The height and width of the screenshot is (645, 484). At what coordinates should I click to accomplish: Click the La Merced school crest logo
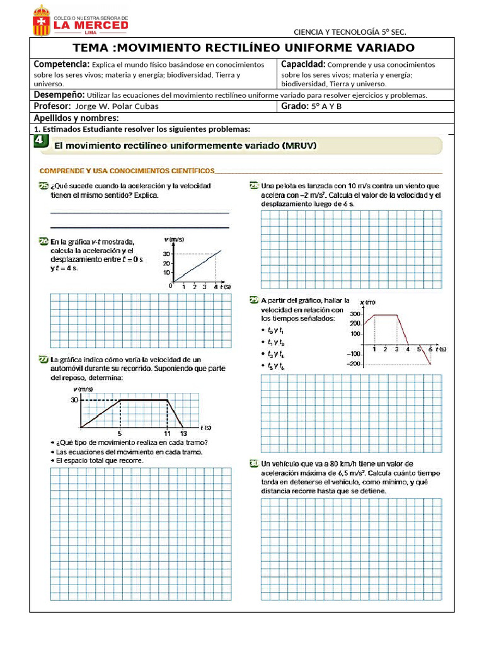[x=42, y=20]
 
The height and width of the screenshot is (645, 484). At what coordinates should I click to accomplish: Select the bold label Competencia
[x=61, y=64]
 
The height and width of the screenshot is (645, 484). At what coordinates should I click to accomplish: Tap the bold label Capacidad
[x=302, y=64]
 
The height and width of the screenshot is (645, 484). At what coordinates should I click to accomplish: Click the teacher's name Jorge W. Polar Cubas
[x=117, y=106]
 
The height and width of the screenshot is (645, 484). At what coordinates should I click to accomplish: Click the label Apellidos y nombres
[x=76, y=118]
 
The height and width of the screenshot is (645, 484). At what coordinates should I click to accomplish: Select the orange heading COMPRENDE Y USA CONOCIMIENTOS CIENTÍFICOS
[x=127, y=171]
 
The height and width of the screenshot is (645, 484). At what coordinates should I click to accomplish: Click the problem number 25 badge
[x=43, y=186]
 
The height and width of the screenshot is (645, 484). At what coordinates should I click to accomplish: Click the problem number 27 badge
[x=43, y=360]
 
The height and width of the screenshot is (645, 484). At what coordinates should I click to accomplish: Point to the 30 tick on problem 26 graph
[x=166, y=254]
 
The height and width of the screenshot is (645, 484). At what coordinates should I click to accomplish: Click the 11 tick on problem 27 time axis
[x=167, y=433]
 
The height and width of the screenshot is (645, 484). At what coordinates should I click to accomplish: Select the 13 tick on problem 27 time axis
[x=183, y=433]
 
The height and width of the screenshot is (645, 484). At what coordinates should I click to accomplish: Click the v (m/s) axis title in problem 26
[x=173, y=239]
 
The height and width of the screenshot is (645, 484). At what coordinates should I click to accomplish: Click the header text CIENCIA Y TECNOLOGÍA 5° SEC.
[x=350, y=32]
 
